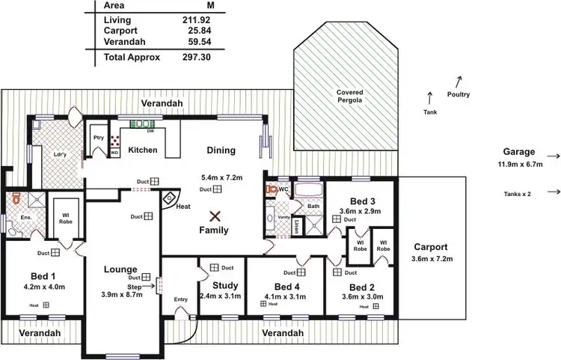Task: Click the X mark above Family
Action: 215,216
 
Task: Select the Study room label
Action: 225,285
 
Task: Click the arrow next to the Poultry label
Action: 459,80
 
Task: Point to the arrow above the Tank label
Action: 429,97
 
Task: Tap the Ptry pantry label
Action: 98,137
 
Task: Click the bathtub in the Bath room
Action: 307,189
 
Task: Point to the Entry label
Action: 180,299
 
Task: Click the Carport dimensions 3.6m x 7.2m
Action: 429,258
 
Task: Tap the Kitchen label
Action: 142,150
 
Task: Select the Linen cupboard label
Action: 296,225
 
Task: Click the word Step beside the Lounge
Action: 135,286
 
